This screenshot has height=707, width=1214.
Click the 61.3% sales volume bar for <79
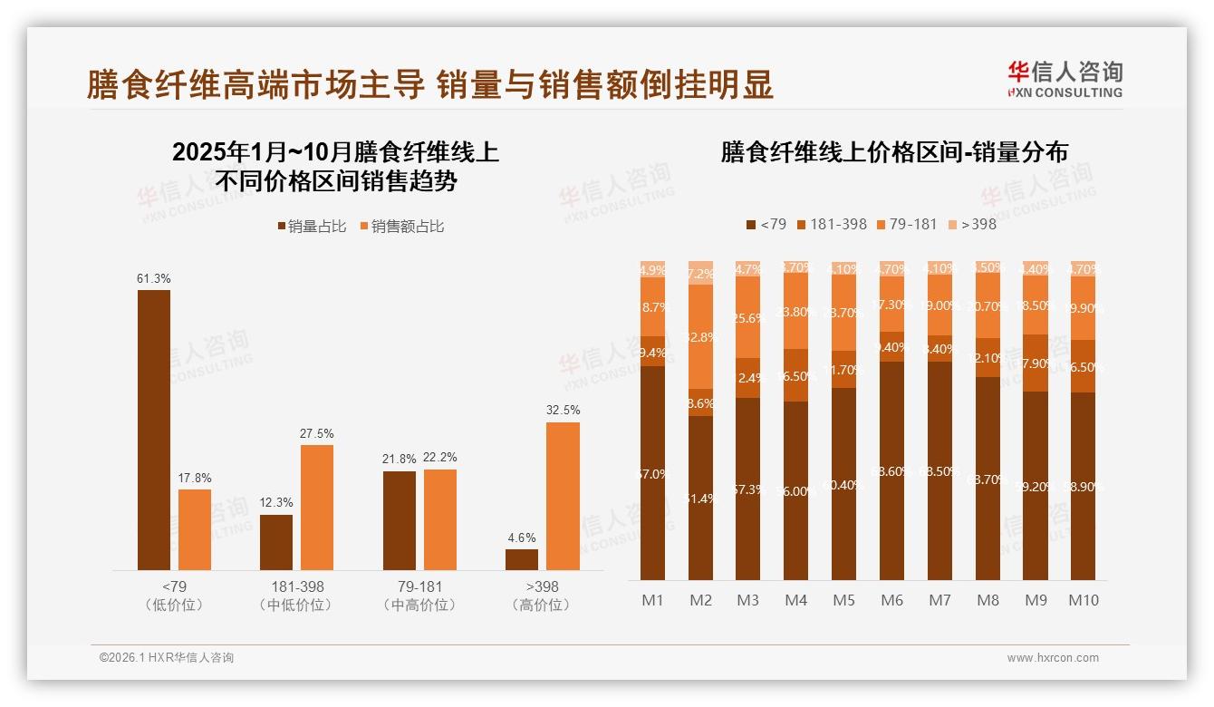(153, 430)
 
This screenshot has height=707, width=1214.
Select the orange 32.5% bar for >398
(563, 496)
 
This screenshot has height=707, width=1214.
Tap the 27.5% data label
(316, 433)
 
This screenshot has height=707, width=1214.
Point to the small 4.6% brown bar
(522, 559)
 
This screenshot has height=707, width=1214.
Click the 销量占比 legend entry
(312, 227)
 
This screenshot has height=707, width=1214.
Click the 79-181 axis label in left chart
(419, 586)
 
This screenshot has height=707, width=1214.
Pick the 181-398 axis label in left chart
(296, 586)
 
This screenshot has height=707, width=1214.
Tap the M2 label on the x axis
(700, 600)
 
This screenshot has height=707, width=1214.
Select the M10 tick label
(1083, 600)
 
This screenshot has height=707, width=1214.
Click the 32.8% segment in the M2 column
(700, 337)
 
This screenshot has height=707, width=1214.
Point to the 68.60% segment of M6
(892, 470)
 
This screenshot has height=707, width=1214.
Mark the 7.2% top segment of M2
(700, 273)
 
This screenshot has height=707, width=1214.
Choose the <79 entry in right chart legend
(766, 224)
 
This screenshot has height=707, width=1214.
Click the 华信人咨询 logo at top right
(1065, 79)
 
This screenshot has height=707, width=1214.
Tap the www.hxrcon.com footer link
(1053, 658)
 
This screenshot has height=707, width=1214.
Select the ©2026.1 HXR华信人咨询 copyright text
(167, 658)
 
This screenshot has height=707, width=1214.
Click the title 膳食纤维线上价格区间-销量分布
(894, 152)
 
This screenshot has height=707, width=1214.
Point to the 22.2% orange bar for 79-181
(439, 519)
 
